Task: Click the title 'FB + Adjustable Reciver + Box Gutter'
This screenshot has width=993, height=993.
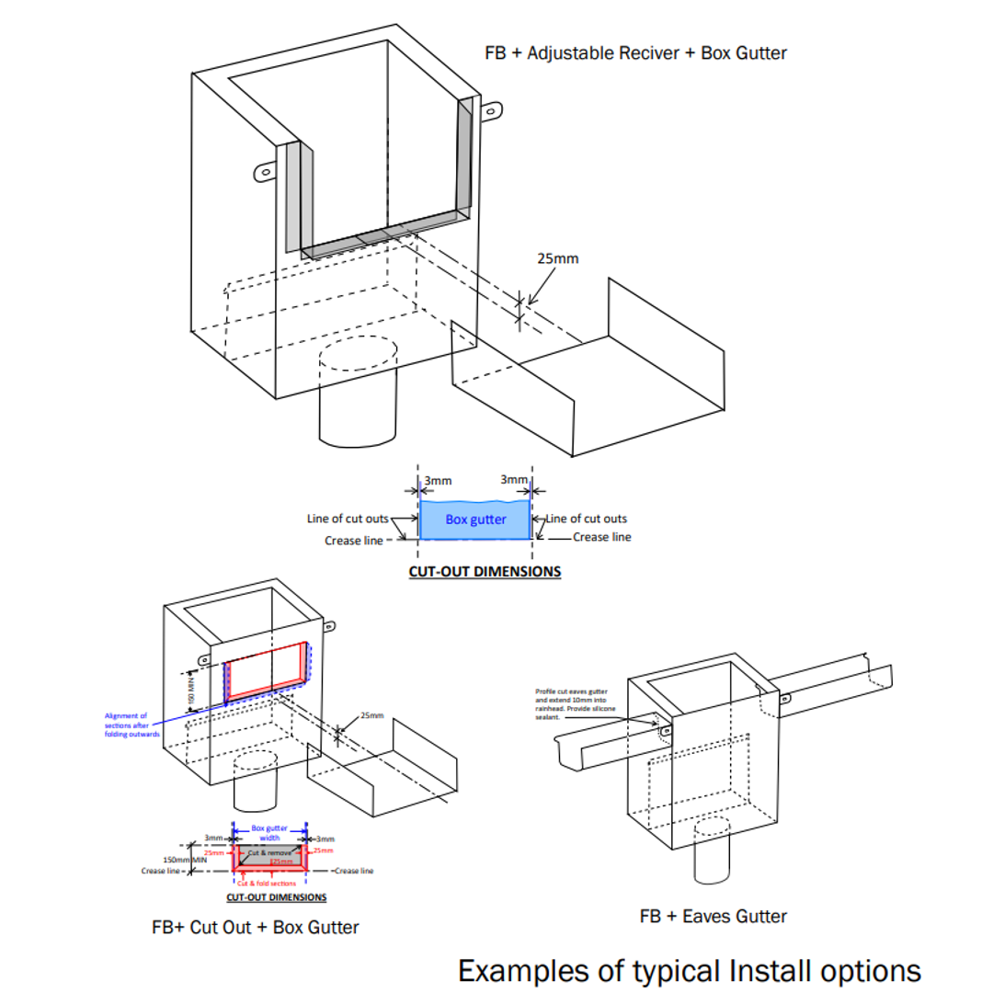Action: (635, 52)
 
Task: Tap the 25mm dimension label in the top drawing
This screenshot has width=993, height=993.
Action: (558, 258)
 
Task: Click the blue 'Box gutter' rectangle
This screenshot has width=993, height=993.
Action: (475, 519)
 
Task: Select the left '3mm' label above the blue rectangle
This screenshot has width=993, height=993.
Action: (438, 480)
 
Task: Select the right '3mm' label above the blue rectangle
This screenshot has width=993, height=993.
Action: (515, 480)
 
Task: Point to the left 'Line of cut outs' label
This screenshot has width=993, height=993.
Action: (348, 519)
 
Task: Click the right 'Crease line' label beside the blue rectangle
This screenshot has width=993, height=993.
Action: (602, 537)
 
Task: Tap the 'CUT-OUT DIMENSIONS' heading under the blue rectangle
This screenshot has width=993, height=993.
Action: (485, 571)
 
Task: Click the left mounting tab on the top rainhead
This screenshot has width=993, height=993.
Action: (264, 172)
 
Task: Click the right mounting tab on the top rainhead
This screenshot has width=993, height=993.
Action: (493, 110)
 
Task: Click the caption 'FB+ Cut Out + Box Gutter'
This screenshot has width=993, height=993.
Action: (256, 927)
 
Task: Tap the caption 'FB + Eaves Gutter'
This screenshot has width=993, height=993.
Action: (713, 916)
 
